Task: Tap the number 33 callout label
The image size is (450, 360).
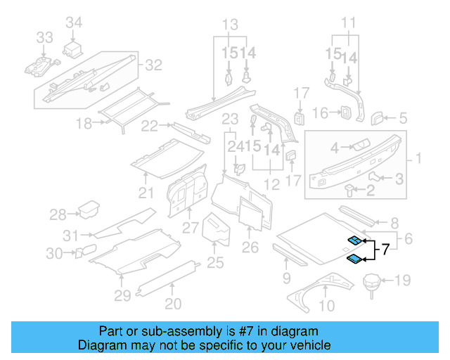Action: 44,37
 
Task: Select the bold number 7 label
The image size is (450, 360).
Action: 385,249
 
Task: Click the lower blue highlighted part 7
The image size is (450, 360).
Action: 355,259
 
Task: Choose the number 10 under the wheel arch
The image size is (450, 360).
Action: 327,306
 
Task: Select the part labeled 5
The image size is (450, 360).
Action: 378,116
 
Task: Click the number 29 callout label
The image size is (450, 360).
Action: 123,295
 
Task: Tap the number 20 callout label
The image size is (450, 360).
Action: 173,304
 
